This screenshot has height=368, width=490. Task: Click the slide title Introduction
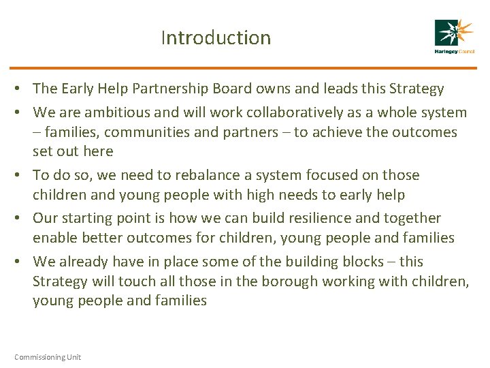coord(216,37)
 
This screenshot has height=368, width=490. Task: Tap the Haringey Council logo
coord(454,37)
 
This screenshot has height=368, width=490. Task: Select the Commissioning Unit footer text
coord(47,357)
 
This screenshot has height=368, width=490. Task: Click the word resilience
coord(314,218)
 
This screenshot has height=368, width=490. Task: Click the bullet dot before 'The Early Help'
coord(22,89)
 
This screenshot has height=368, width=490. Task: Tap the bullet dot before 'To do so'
coord(22,176)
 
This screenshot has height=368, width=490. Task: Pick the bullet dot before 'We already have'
coord(22,262)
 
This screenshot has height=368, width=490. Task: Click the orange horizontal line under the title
coord(245,67)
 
